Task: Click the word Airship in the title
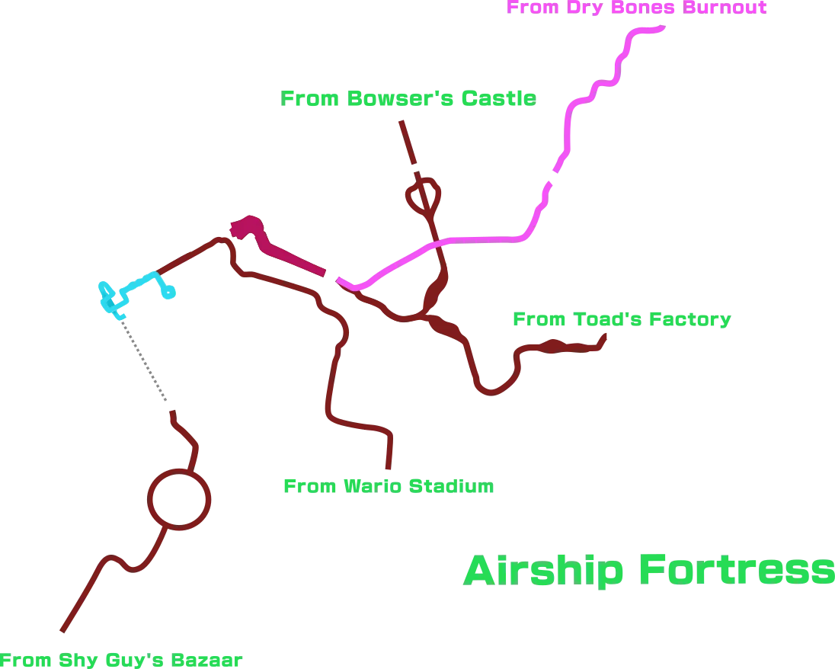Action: coord(543,571)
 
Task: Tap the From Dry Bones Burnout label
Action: coord(636,8)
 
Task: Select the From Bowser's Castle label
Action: coord(408,98)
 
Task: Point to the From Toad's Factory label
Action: coord(622,319)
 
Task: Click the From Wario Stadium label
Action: coord(389,486)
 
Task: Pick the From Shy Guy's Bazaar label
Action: coord(121,660)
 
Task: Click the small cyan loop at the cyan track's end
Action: coord(168,292)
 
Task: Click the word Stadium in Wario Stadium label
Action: coord(451,486)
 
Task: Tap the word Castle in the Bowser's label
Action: coord(498,98)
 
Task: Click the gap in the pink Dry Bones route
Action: coord(552,178)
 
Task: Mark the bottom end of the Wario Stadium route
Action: coord(389,469)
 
